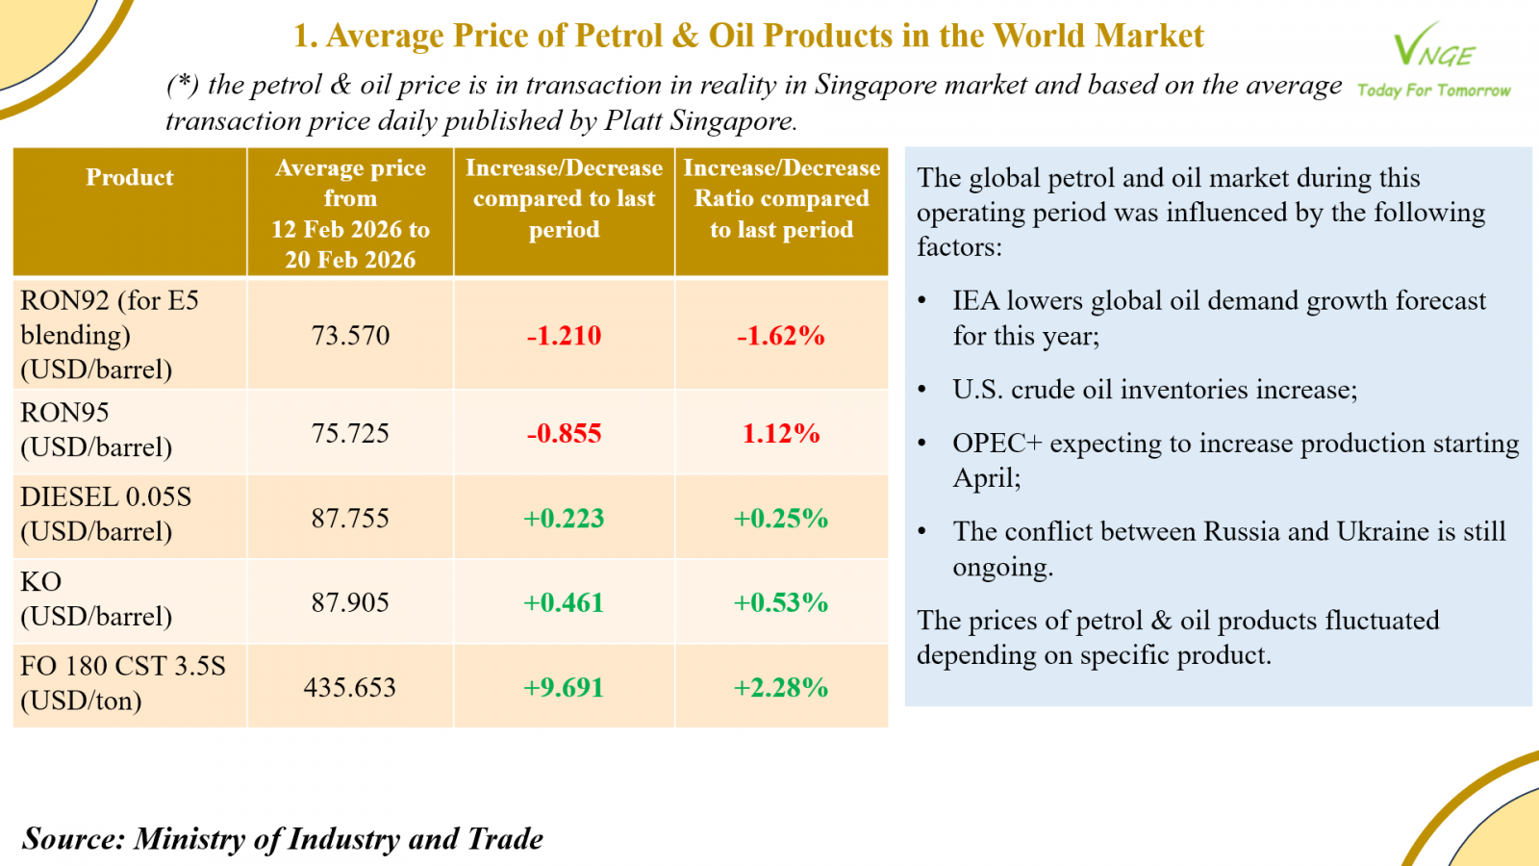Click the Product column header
pos(130,178)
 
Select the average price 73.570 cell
pos(350,336)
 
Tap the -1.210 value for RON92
pos(564,336)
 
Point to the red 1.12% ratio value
pos(781,434)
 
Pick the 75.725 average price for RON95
pos(350,434)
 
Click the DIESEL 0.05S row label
pos(106,497)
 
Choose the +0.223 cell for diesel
pos(564,519)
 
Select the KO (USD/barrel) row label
pos(96,599)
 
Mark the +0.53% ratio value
pos(781,603)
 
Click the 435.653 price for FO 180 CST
pos(350,688)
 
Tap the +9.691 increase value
pos(564,688)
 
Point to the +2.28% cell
pos(781,688)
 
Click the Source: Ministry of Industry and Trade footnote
pos(283,839)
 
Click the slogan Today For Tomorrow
pos(1433,90)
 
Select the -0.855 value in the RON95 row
pos(564,434)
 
